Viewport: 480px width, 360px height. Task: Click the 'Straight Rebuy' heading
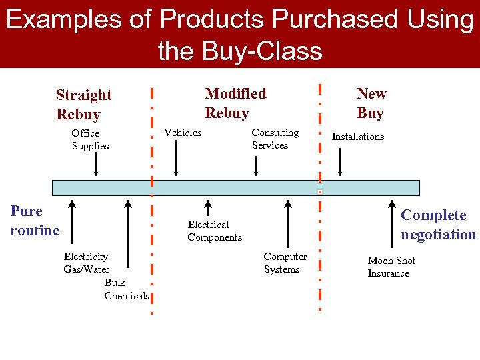(x=83, y=105)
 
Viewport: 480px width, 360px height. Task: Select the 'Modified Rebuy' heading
(x=235, y=103)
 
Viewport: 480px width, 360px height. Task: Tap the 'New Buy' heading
(x=371, y=103)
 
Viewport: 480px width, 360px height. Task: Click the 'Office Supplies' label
(x=90, y=139)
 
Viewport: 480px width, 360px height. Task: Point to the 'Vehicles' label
(x=183, y=133)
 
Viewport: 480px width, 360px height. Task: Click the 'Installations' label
(x=358, y=137)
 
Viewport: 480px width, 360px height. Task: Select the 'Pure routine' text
(x=35, y=221)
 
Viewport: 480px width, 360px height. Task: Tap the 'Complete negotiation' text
(x=438, y=225)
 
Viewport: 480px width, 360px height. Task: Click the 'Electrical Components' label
(x=215, y=231)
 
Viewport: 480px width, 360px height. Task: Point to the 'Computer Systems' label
(x=285, y=263)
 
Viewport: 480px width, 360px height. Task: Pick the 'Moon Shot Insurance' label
(x=391, y=267)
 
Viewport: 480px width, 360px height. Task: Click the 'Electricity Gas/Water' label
(x=86, y=263)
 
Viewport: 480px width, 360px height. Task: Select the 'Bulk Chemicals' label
(x=126, y=289)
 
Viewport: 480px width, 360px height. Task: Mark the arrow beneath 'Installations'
(x=340, y=162)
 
